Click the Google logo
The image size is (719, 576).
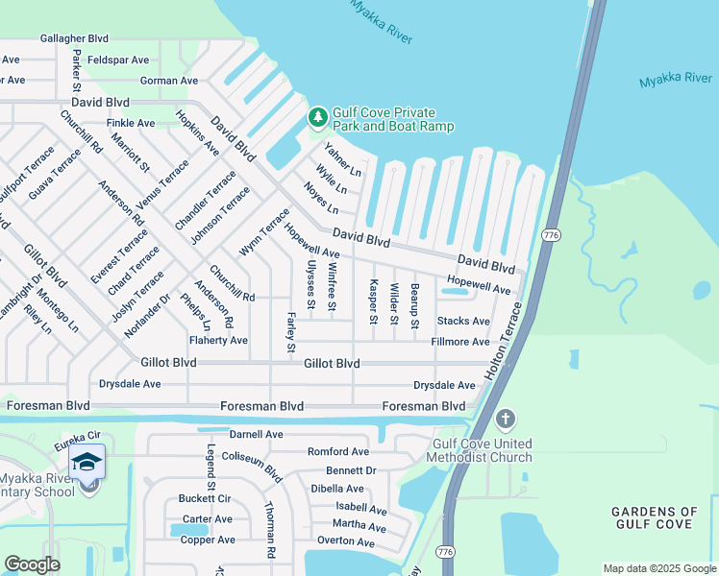[32, 564]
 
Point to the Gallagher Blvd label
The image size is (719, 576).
[75, 38]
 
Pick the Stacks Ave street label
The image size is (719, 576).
[463, 321]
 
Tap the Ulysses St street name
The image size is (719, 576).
[310, 284]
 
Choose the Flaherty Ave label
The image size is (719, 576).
[218, 340]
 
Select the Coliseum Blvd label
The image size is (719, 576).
[252, 466]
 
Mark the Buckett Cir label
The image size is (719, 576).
[205, 499]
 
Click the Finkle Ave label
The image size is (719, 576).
[131, 123]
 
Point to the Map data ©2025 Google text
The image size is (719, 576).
[657, 568]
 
